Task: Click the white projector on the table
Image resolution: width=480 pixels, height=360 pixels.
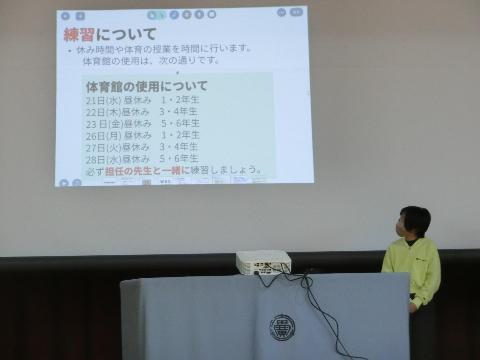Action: coord(263,262)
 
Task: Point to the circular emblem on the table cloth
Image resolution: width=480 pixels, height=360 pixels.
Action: coord(282,327)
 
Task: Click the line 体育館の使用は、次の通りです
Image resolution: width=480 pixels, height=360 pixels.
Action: coord(150,61)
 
